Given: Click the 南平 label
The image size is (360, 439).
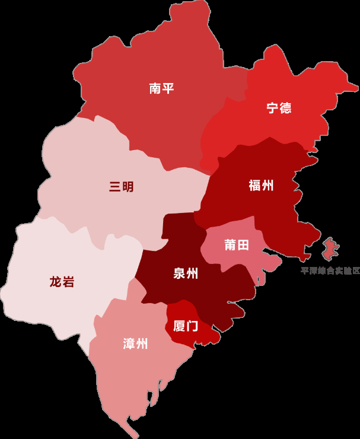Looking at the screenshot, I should click(161, 89).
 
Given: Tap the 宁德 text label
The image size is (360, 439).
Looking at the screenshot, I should click(279, 108).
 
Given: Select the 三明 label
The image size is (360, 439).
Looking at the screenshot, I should click(121, 187).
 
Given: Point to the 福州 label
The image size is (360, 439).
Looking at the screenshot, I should click(261, 185).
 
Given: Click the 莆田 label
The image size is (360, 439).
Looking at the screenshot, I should click(236, 245).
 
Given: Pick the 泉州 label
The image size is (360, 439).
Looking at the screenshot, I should click(186, 273).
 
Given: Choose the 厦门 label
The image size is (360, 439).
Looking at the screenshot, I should click(185, 326).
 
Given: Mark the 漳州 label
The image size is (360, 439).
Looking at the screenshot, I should click(135, 343).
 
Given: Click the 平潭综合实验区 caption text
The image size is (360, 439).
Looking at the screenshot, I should click(330, 271).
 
